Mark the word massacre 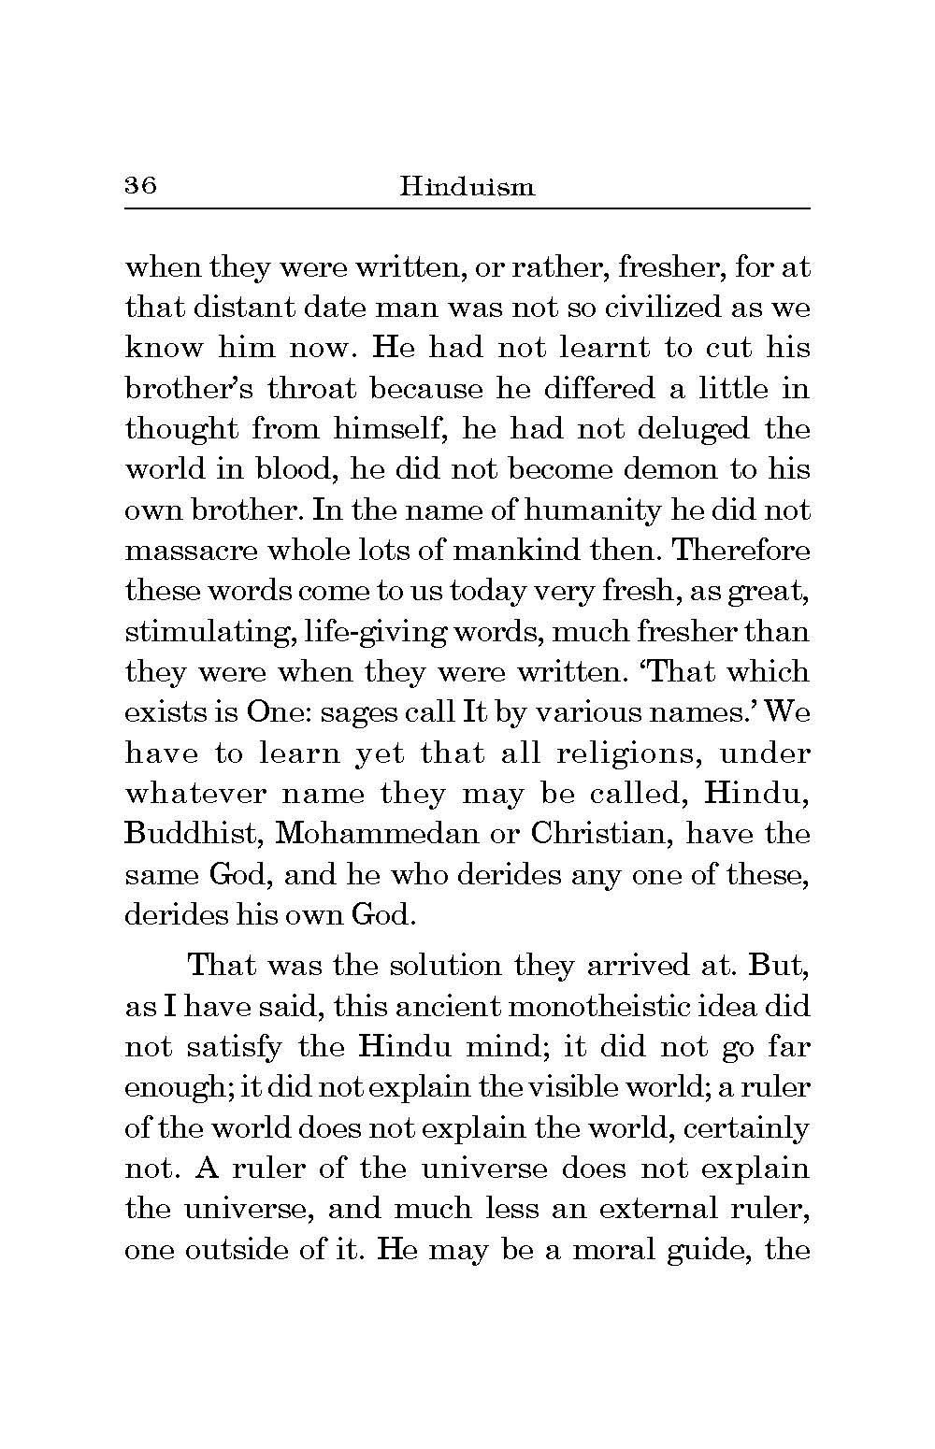tap(181, 551)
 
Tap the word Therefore tap(741, 551)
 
